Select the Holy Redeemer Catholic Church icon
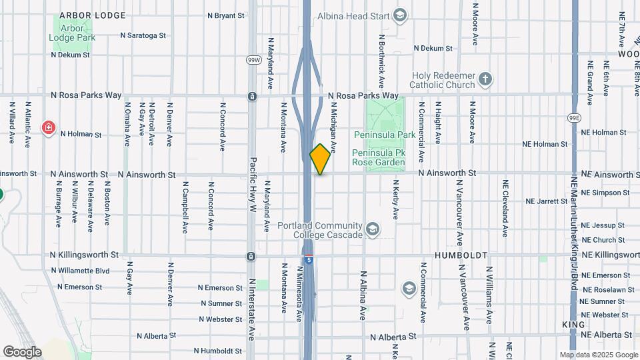(x=485, y=80)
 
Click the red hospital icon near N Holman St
(x=48, y=128)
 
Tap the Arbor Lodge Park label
(x=72, y=33)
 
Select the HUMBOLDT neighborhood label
(x=461, y=255)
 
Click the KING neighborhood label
(x=573, y=323)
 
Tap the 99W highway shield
(x=253, y=59)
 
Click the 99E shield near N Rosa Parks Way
(x=574, y=117)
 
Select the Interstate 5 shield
(x=308, y=259)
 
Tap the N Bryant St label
(x=226, y=15)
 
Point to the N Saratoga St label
(x=142, y=35)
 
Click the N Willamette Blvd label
(x=80, y=271)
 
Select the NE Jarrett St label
(x=546, y=201)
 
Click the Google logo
(x=22, y=352)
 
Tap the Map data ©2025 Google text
(x=598, y=355)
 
